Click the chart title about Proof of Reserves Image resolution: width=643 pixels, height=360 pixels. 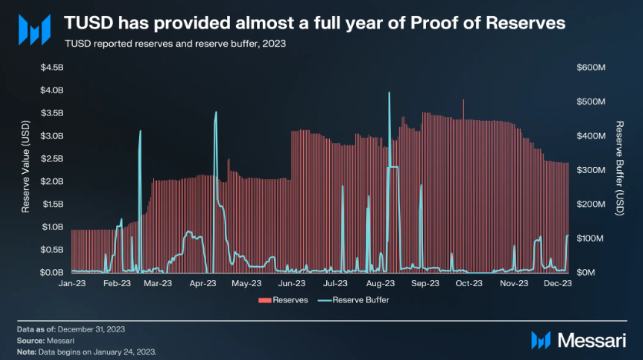point(314,23)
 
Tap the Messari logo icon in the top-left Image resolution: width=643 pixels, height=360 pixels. point(33,28)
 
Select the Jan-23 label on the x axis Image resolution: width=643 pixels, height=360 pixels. point(72,284)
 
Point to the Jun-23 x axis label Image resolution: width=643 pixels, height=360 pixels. point(291,284)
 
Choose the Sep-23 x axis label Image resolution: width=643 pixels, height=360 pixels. point(425,284)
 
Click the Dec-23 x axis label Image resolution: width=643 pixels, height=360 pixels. point(556,284)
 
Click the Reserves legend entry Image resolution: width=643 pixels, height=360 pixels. point(284,299)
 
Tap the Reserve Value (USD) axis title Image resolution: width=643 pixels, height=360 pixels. point(25,170)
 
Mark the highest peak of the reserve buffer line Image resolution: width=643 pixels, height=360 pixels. point(390,93)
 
